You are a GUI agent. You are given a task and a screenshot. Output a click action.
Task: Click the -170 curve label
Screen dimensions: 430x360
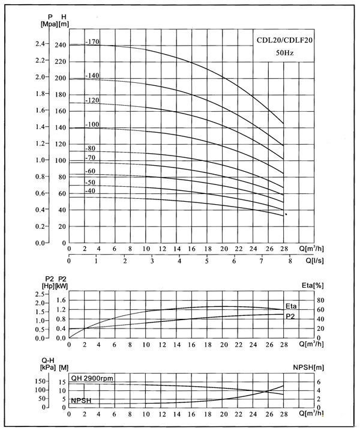pos(92,42)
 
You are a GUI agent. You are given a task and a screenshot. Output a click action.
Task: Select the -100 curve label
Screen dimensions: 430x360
pos(92,124)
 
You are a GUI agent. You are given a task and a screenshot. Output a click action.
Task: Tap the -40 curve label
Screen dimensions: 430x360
pos(90,191)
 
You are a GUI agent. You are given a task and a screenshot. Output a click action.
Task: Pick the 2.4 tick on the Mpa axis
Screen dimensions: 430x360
pos(40,44)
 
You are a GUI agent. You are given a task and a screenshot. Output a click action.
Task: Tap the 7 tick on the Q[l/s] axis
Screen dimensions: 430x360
pos(261,261)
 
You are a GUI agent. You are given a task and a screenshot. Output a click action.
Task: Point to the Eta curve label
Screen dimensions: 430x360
pos(291,306)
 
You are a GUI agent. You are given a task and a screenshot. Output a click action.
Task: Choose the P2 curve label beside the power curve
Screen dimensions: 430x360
pos(290,315)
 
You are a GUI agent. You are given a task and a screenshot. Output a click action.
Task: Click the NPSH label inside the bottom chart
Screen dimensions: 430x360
pos(82,400)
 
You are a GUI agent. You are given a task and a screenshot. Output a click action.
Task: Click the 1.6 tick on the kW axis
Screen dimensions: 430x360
pos(60,300)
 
